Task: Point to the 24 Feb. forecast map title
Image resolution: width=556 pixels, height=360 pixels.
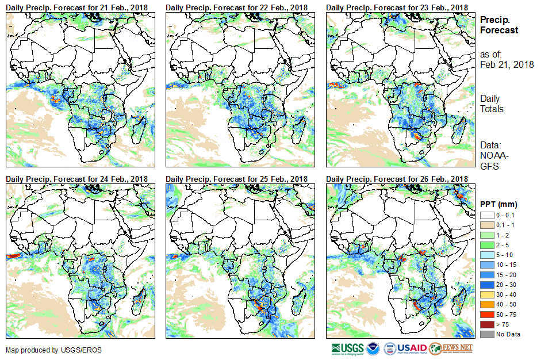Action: click(x=76, y=179)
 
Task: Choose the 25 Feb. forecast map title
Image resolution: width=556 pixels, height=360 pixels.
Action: click(x=237, y=179)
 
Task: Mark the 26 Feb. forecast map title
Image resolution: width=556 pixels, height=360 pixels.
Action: click(x=397, y=179)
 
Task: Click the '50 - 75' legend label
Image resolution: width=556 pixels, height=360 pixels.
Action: click(x=506, y=316)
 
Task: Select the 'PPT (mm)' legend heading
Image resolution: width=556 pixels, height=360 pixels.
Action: click(x=499, y=204)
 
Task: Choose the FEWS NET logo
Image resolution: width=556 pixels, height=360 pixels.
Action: click(x=451, y=348)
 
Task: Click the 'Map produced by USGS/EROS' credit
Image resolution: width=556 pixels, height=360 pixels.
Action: click(x=48, y=350)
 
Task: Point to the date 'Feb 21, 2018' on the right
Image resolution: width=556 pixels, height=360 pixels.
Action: click(x=507, y=64)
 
